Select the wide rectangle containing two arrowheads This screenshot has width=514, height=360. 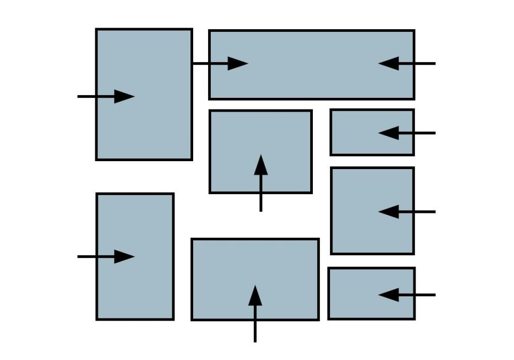(x=311, y=80)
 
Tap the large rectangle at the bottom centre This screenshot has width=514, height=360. (x=223, y=277)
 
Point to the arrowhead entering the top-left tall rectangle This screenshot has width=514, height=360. (x=125, y=97)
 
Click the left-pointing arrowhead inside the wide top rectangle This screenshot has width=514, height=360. (x=388, y=64)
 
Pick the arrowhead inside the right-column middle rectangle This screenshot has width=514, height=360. (x=388, y=212)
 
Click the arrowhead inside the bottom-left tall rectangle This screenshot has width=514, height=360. (x=125, y=257)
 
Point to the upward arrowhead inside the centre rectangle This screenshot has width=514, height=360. (x=261, y=165)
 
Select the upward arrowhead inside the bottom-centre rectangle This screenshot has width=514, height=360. (x=255, y=295)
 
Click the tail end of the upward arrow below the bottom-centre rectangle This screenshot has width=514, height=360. (x=255, y=340)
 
